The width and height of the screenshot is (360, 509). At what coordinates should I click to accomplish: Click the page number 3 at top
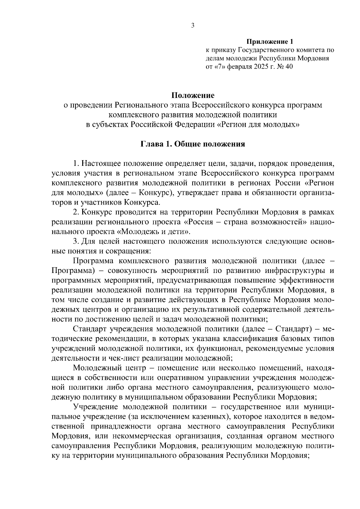(x=193, y=26)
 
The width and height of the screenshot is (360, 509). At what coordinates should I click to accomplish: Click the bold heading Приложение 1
(x=269, y=41)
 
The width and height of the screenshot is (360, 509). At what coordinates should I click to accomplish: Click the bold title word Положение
(x=193, y=95)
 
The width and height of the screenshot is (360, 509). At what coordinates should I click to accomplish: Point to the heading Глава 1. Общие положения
(x=193, y=144)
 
